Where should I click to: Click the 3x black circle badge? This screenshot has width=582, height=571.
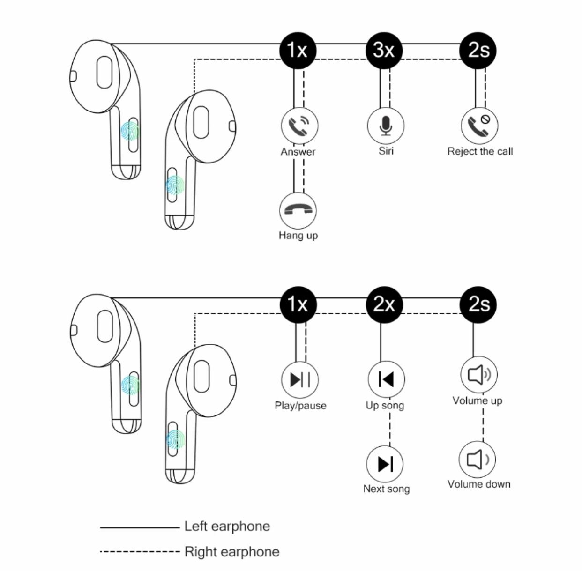click(384, 51)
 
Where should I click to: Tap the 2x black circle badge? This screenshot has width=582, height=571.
click(384, 304)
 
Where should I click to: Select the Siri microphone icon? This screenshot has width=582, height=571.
click(386, 126)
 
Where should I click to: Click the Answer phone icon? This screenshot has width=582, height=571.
click(299, 126)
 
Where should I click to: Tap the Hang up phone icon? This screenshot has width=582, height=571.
click(298, 210)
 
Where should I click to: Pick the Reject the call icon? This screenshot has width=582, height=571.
click(479, 126)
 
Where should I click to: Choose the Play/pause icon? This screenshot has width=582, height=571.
click(299, 379)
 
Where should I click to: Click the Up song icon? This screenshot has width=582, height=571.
click(386, 379)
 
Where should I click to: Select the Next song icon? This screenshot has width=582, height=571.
click(384, 464)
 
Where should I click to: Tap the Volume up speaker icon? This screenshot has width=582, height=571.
click(479, 375)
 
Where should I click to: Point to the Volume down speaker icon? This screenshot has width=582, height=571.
click(477, 460)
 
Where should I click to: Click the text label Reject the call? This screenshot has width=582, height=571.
click(480, 151)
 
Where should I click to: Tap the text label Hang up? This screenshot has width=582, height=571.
click(298, 236)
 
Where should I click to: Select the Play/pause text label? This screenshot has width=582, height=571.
click(300, 406)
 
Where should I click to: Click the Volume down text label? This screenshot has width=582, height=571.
click(479, 484)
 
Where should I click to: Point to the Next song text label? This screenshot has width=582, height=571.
click(386, 489)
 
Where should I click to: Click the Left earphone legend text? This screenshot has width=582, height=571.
click(227, 527)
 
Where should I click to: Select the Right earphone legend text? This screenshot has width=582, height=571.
click(232, 552)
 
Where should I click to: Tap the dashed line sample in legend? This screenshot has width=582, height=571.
click(140, 552)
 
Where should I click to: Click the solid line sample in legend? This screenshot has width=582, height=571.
click(140, 527)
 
